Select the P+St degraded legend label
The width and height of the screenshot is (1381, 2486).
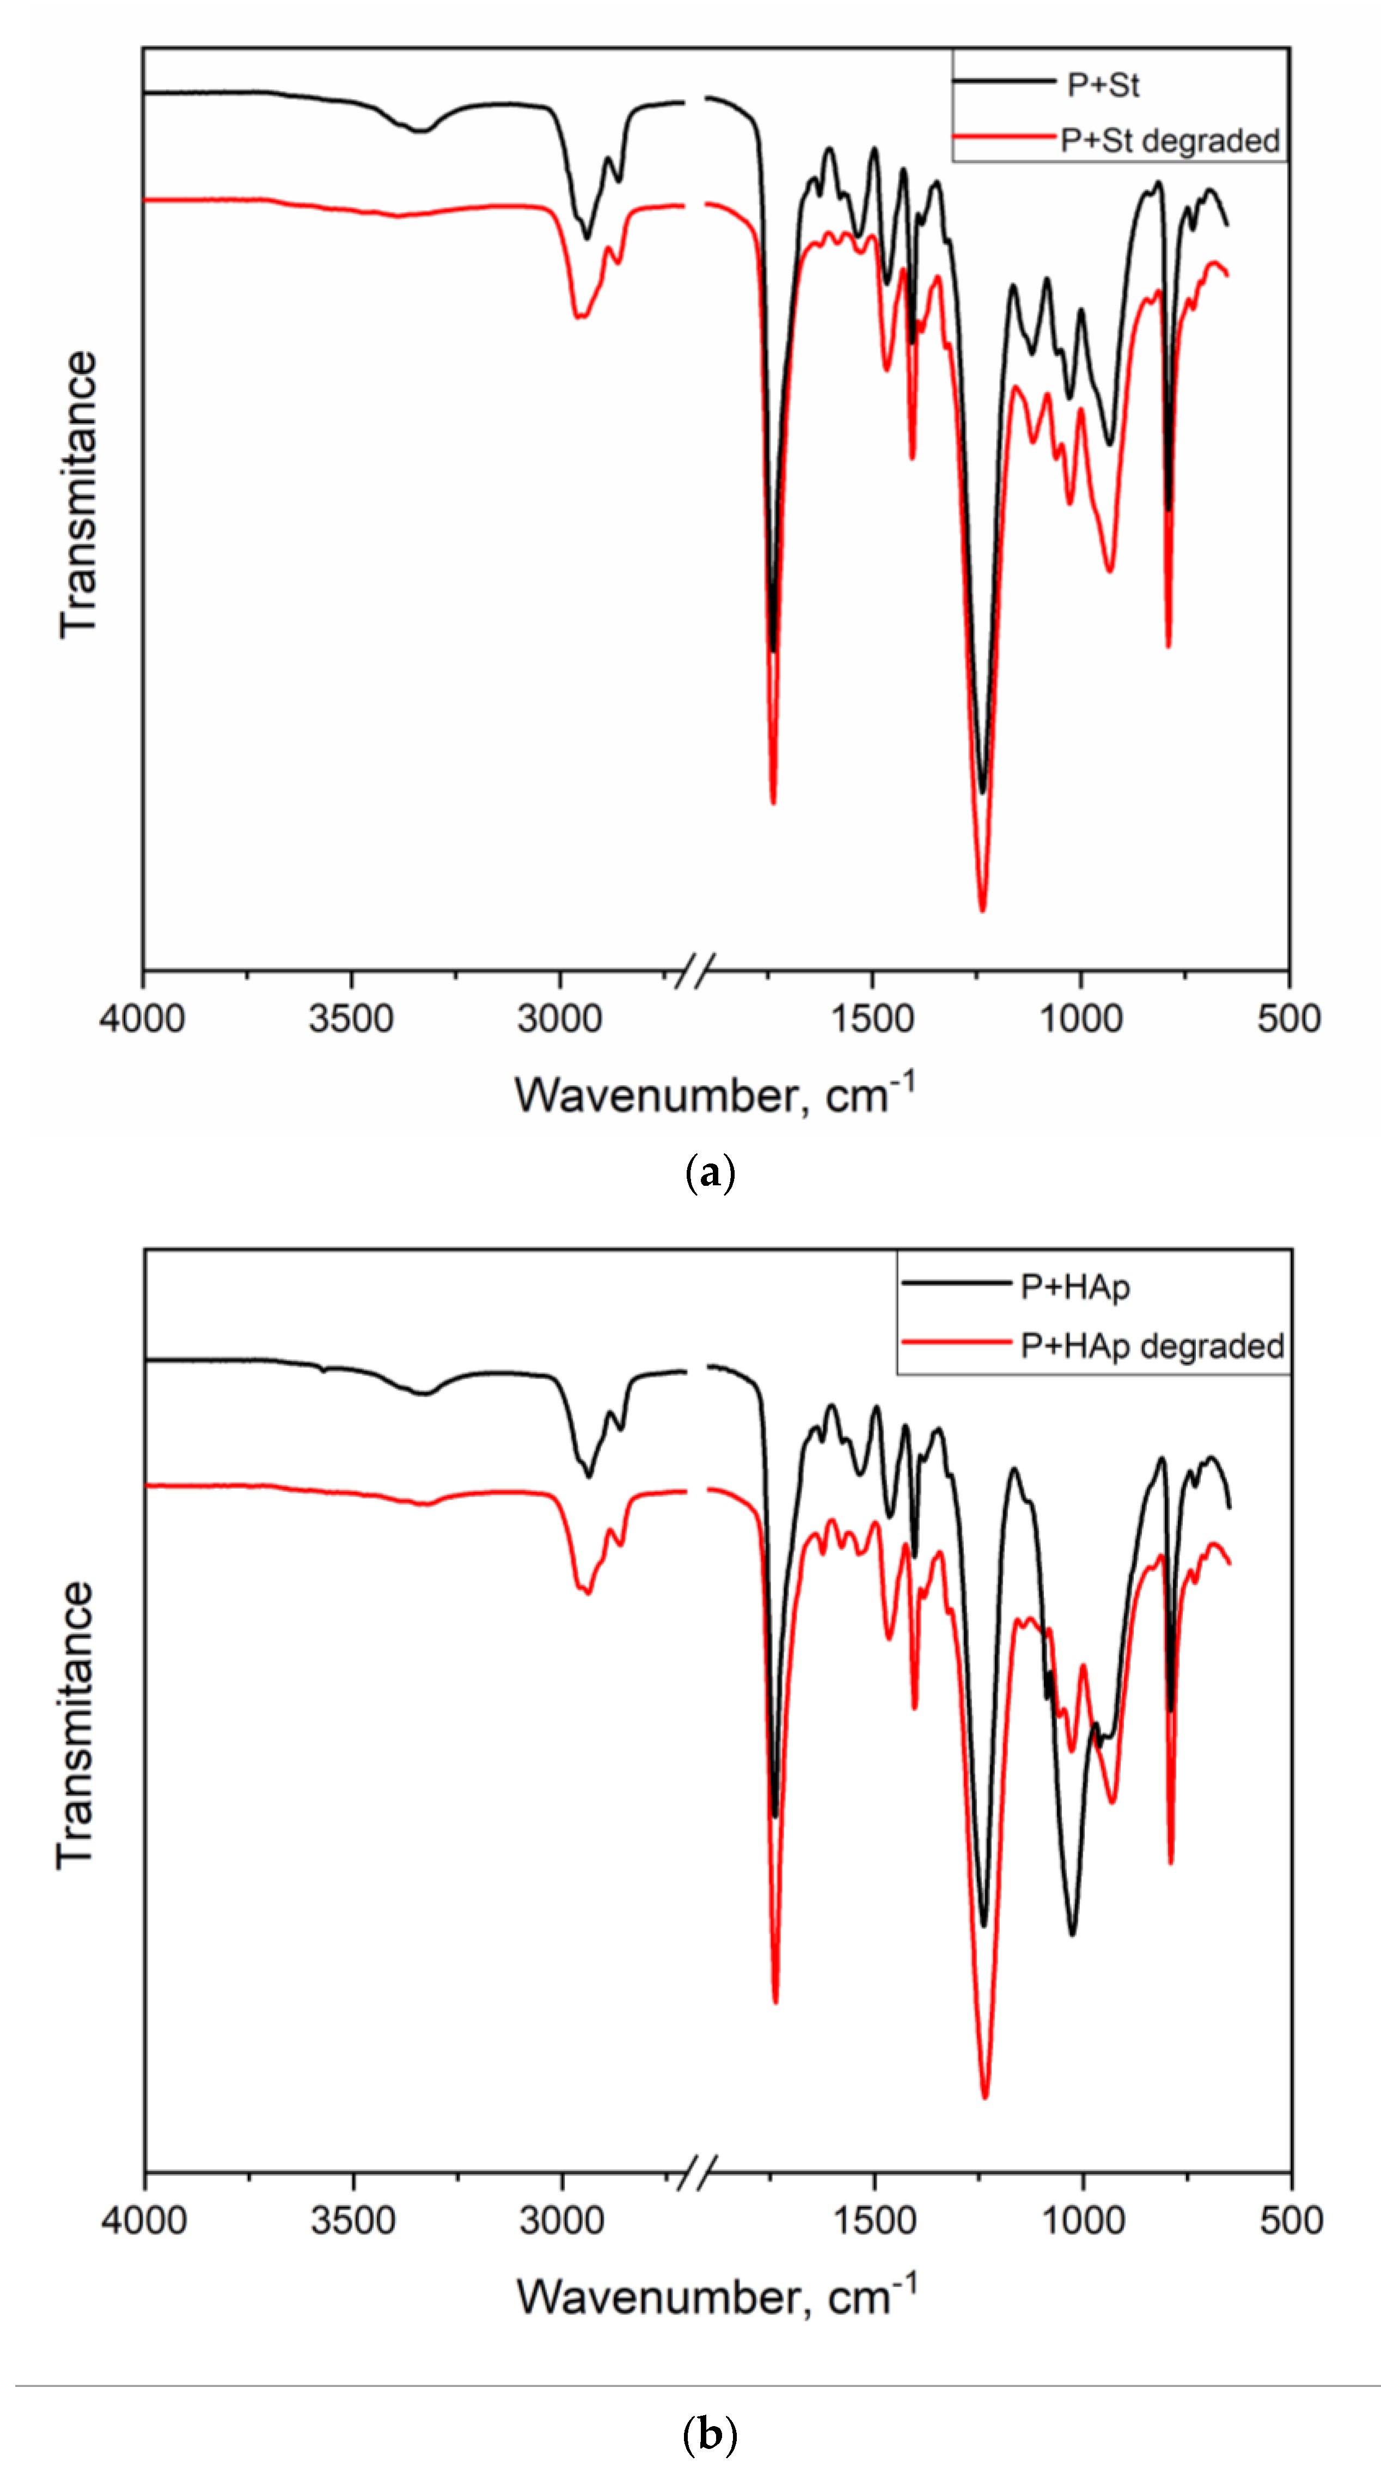[x=1170, y=141]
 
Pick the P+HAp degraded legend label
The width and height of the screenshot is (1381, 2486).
[x=1152, y=1345]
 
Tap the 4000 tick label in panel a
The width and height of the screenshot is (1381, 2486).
[x=142, y=1018]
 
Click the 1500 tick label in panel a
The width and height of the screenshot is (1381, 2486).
[x=872, y=1018]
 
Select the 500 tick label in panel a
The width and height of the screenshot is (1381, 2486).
[x=1288, y=1018]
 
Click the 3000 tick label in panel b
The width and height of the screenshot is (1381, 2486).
[x=561, y=2220]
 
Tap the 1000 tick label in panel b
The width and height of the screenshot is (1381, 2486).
[x=1083, y=2220]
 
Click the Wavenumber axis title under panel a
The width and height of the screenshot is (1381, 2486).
[x=714, y=1095]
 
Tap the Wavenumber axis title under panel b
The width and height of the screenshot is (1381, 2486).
[x=716, y=2297]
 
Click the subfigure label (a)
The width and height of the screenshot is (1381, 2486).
[x=710, y=1174]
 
